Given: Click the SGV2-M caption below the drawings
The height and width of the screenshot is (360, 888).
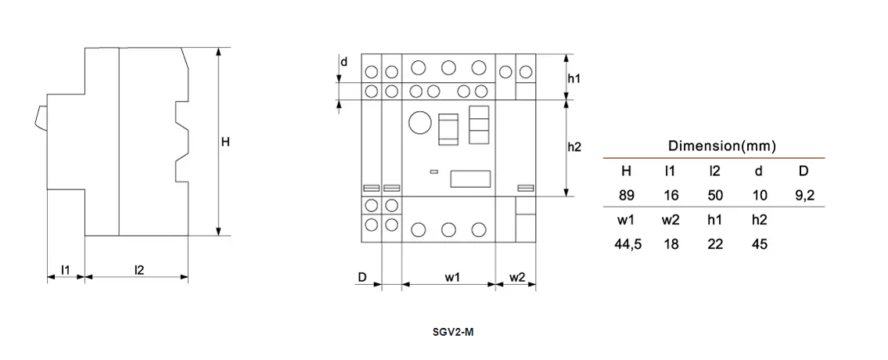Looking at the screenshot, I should click(x=453, y=332).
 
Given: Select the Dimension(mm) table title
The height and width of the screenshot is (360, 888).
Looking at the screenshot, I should click(x=721, y=146).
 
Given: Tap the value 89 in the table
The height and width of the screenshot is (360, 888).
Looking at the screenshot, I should click(x=627, y=196).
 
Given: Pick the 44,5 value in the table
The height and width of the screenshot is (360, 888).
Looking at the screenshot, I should click(x=627, y=244).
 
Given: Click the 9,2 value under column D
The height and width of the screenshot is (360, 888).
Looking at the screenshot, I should click(x=804, y=196).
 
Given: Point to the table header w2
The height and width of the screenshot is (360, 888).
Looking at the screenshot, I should click(x=670, y=220).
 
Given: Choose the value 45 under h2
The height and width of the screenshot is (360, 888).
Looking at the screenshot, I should click(x=759, y=244).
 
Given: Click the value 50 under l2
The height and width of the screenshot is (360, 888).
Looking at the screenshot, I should click(x=714, y=196).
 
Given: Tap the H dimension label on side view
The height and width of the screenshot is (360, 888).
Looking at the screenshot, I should click(x=225, y=142).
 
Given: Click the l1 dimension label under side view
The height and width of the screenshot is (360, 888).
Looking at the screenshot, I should click(x=66, y=270).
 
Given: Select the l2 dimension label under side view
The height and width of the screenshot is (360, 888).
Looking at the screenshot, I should click(x=139, y=270).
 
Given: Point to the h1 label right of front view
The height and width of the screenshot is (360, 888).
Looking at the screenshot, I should click(x=574, y=79).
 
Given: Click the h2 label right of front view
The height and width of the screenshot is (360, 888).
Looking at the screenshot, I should click(x=574, y=147).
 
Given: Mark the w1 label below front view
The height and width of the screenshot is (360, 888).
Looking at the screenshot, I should click(x=452, y=277).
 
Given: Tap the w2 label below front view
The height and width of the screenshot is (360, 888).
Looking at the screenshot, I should click(x=517, y=277).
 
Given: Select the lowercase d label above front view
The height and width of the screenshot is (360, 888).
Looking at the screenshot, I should click(x=343, y=61).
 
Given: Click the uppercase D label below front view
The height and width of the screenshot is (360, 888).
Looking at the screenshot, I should click(x=362, y=277).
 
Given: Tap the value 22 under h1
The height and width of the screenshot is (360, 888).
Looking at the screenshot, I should click(x=714, y=244).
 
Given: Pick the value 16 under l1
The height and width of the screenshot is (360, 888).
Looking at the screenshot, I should click(x=670, y=196).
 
